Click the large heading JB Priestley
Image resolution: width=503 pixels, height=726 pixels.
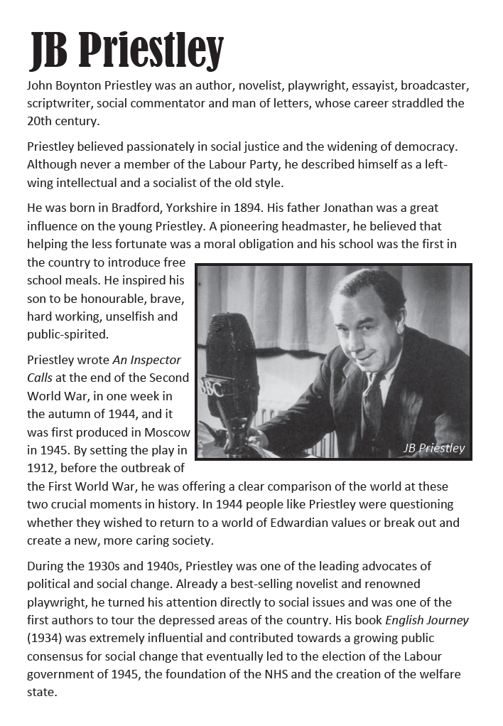[126, 50]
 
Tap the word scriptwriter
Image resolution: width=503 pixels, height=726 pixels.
[59, 103]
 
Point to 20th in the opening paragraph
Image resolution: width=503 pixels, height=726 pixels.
[38, 120]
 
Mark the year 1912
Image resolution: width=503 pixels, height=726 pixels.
[41, 467]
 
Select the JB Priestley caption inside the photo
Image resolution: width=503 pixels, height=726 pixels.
[433, 447]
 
